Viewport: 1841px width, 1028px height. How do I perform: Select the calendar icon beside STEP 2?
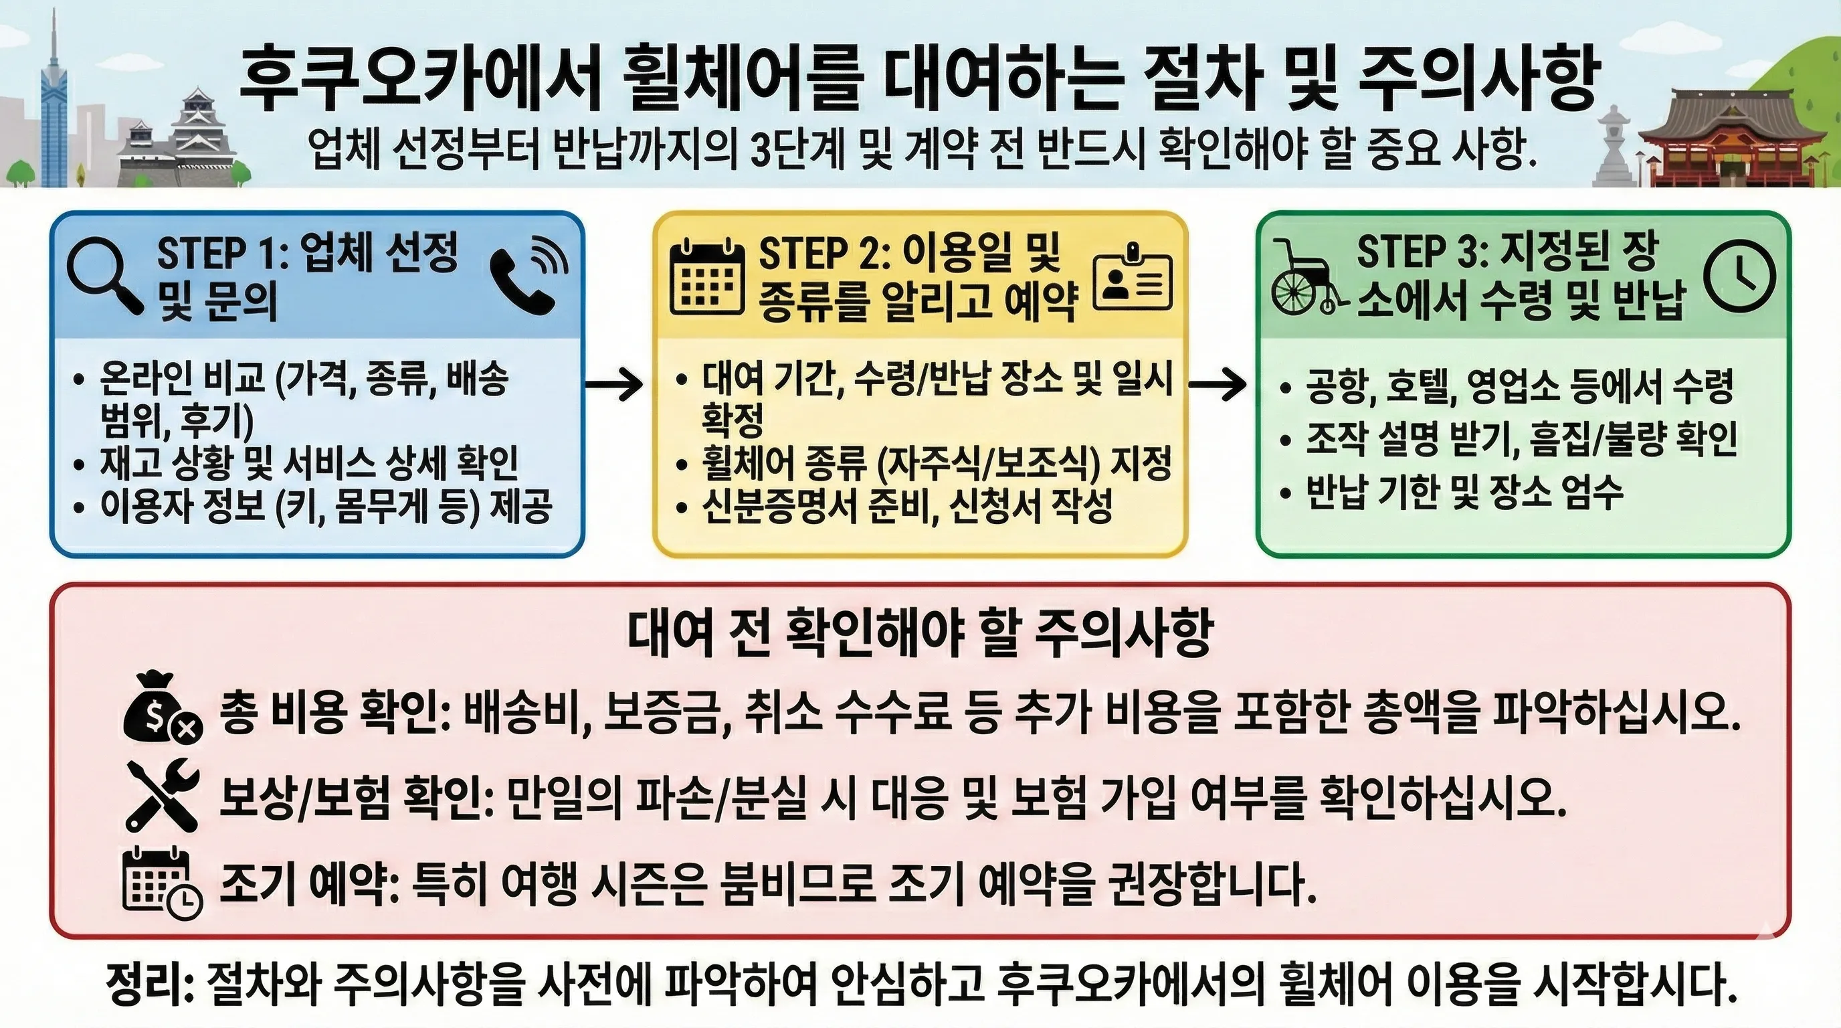[706, 277]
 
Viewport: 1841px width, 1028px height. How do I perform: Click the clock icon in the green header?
[1739, 275]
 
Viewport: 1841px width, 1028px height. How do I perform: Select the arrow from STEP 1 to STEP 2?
[615, 385]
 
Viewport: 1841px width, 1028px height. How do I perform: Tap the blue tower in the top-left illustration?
[54, 107]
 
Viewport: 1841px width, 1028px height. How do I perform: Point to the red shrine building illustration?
[1737, 143]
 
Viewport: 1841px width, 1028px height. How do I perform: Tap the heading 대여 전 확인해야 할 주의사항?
[920, 632]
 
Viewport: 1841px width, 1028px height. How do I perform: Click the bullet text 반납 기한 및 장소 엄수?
[1464, 492]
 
